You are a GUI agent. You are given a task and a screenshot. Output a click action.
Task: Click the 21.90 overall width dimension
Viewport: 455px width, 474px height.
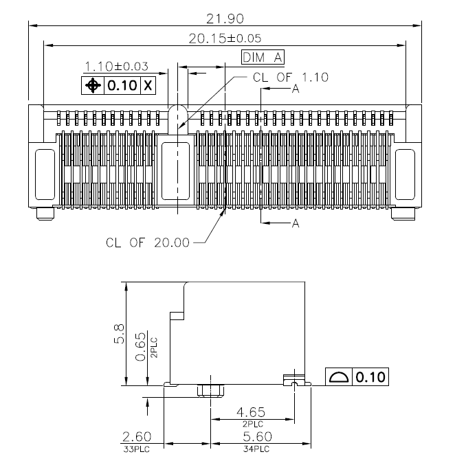(225, 19)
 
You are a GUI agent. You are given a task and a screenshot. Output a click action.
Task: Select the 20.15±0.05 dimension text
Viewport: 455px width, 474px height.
(225, 38)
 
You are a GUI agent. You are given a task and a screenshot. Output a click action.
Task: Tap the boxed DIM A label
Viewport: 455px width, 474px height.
(263, 57)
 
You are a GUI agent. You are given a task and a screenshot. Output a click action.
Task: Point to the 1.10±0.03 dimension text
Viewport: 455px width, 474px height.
(116, 66)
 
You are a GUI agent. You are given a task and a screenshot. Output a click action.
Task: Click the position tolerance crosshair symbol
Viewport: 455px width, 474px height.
(93, 86)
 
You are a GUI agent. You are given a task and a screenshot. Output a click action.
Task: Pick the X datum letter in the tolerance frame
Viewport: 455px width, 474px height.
(148, 86)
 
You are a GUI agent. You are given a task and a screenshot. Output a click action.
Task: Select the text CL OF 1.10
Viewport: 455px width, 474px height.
(291, 78)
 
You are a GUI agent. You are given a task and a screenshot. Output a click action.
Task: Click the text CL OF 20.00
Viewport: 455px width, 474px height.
(148, 242)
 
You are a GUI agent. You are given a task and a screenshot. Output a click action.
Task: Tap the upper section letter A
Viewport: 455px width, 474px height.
(296, 89)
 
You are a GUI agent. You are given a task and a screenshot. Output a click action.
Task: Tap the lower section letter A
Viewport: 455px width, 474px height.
(296, 224)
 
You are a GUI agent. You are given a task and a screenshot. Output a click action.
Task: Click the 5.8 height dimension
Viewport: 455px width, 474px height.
(119, 334)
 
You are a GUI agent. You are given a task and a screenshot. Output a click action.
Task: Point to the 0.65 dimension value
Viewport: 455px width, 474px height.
(141, 347)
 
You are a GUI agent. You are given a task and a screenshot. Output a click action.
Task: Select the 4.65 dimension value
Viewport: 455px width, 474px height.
(251, 411)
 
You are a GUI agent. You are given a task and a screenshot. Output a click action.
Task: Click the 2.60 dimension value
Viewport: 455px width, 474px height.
(137, 436)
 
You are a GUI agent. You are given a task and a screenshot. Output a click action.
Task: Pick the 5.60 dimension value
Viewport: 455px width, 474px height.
(258, 436)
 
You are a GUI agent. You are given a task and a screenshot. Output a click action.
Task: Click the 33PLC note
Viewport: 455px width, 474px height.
(137, 449)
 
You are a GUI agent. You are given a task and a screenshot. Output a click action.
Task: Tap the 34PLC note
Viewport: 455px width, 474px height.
(256, 449)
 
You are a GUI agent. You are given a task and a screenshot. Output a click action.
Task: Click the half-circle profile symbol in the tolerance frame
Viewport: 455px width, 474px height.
(339, 377)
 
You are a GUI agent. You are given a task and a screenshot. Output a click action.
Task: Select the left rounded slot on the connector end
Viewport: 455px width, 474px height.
(45, 174)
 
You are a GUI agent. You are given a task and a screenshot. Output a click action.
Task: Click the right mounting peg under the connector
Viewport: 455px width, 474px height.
(403, 214)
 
